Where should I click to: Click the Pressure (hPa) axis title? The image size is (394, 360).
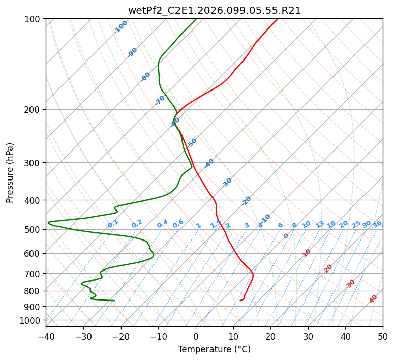point(10,172)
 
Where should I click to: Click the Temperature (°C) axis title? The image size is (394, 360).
point(214,349)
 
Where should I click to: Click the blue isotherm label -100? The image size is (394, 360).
point(121,26)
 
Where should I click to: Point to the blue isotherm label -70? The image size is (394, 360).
point(160,100)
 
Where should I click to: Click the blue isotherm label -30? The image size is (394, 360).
point(227,183)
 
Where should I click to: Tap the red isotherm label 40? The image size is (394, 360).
point(373,299)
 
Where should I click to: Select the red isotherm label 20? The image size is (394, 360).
point(328,268)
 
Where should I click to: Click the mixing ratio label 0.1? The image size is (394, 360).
point(113,223)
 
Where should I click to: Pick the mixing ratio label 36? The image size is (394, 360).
point(377,224)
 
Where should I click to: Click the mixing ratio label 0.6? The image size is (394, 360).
point(178,224)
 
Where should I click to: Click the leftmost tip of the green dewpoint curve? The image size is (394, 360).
point(48,223)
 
